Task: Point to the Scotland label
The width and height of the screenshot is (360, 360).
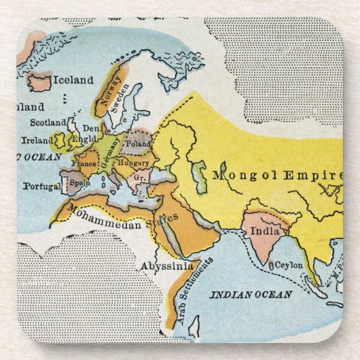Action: click(48, 123)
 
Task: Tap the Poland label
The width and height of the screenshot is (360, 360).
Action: click(138, 144)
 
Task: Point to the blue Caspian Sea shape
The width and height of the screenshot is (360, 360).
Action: click(198, 176)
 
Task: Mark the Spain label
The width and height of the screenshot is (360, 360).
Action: click(80, 183)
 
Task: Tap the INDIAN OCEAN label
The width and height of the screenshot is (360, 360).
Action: click(251, 294)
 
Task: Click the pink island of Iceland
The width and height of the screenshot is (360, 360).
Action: click(39, 83)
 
